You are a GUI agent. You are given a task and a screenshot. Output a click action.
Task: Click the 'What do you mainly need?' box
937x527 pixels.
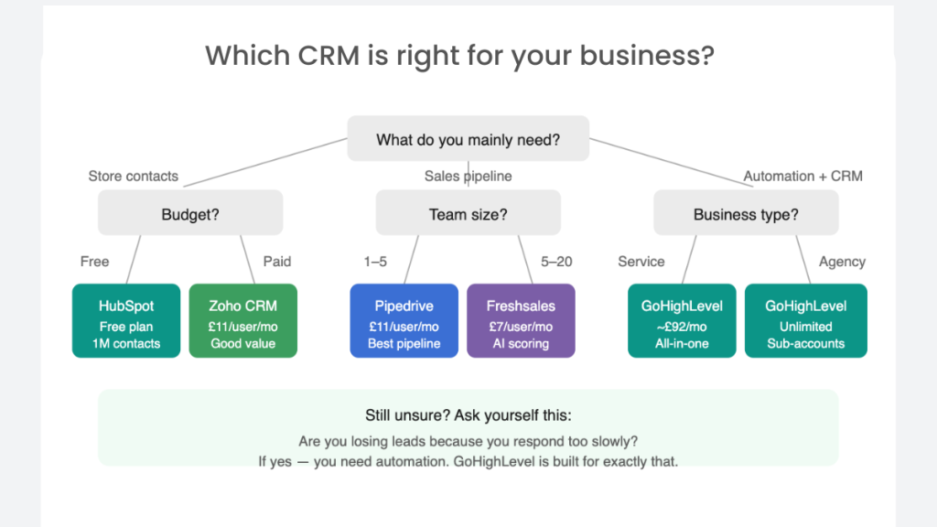[x=468, y=140]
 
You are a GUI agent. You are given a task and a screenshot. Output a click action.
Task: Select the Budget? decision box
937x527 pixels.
[x=190, y=215]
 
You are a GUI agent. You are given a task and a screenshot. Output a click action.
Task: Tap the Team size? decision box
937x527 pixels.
[x=468, y=215]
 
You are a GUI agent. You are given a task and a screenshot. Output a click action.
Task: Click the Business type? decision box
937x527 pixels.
[x=746, y=215]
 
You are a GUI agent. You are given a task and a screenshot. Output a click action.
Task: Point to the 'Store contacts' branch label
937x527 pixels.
[x=133, y=176]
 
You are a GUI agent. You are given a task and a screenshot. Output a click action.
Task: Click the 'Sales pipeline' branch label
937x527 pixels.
[x=468, y=176]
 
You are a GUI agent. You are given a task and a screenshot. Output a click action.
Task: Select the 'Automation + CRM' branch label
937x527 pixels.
[x=802, y=176]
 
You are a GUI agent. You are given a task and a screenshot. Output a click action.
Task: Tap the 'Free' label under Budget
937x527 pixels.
[x=94, y=262]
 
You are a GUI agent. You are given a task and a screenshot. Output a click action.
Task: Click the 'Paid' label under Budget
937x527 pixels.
[x=277, y=262]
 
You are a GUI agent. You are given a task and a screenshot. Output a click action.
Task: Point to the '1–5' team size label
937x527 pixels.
[x=375, y=262]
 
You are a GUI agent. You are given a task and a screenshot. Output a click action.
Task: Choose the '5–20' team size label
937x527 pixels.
[x=556, y=262]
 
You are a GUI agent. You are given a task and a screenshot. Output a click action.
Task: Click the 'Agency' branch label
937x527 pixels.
[x=842, y=262]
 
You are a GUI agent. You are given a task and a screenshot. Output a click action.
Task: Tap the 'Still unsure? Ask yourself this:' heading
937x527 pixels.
[x=468, y=414]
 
